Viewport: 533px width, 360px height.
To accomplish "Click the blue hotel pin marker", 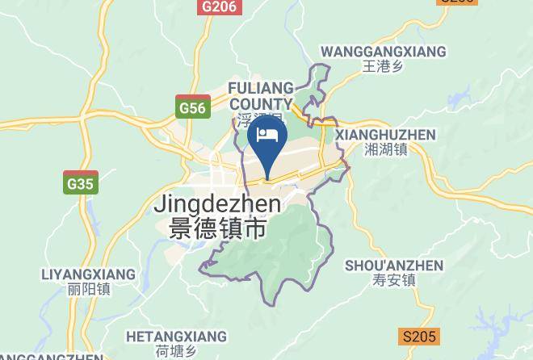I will click(x=267, y=140).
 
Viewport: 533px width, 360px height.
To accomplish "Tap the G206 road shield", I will click(x=220, y=6).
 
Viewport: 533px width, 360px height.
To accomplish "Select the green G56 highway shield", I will click(x=193, y=107).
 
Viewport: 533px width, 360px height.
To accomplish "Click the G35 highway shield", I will click(x=81, y=184).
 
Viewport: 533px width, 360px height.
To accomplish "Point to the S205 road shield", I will click(x=420, y=336).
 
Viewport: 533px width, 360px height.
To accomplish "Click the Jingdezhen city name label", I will click(x=217, y=205).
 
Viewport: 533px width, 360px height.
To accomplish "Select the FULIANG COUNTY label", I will click(x=260, y=95).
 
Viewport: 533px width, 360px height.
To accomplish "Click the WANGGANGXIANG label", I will click(x=383, y=52).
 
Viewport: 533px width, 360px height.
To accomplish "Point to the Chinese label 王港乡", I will click(x=383, y=67).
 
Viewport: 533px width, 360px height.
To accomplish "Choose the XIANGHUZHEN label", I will click(x=385, y=135).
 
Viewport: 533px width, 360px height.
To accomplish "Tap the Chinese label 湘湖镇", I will click(x=385, y=150).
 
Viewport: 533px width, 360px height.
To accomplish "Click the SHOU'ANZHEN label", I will click(x=394, y=266).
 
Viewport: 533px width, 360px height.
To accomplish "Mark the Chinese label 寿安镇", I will click(x=394, y=281).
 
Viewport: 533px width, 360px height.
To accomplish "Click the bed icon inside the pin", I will click(x=267, y=134).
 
